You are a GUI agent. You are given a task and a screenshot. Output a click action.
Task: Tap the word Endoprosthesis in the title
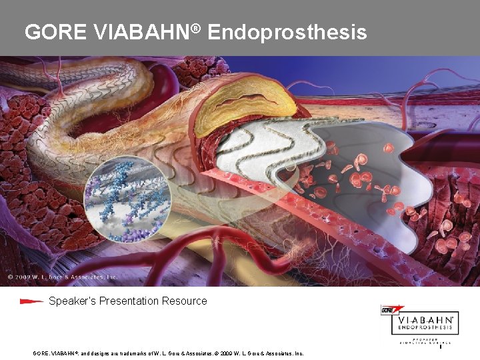(287, 31)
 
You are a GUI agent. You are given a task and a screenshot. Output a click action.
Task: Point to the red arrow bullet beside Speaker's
(31, 301)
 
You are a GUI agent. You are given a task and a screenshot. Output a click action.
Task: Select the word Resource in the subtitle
(185, 301)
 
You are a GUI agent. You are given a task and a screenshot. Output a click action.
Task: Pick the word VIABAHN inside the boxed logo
(426, 321)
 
